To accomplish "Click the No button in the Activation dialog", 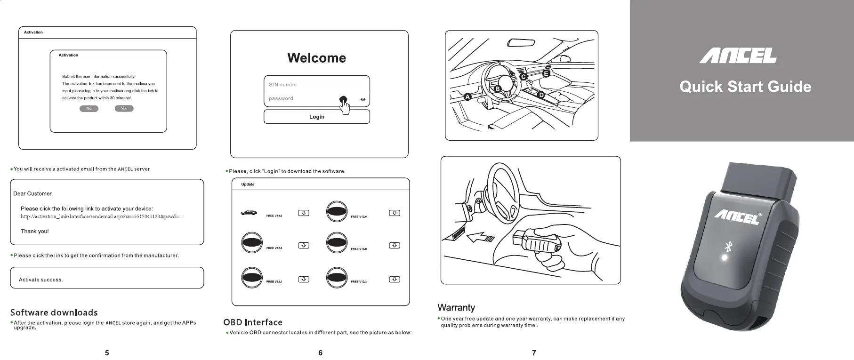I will click(x=89, y=109).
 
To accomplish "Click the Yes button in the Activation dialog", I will click(x=124, y=109).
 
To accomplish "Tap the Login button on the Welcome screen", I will click(x=317, y=117).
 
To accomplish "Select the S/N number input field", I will click(x=316, y=85).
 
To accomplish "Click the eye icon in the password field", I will click(x=363, y=99).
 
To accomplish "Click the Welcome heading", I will click(x=316, y=58).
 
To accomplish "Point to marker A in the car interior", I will click(x=467, y=97).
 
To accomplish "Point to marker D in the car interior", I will click(x=541, y=95).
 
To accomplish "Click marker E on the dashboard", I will click(x=546, y=74).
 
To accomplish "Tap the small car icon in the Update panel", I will click(x=249, y=213).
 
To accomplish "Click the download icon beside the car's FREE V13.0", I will click(x=304, y=213).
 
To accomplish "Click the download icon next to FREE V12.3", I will click(x=395, y=280).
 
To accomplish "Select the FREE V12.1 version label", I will click(x=274, y=281).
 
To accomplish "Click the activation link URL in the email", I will click(x=102, y=216).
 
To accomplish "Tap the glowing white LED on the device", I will click(x=725, y=258).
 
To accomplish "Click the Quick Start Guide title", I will click(x=745, y=87).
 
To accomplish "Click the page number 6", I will click(x=320, y=353).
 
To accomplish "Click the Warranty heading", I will click(x=456, y=308).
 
